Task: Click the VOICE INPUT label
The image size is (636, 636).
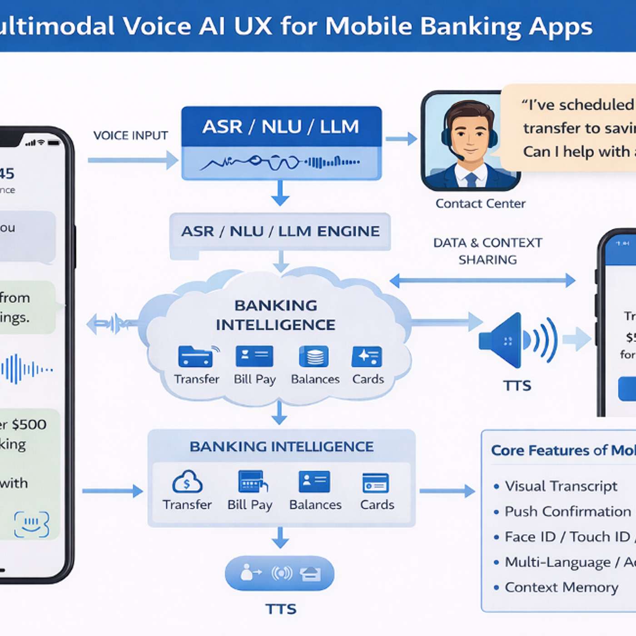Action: click(x=130, y=135)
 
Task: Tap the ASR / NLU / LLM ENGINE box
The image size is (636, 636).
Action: click(x=280, y=231)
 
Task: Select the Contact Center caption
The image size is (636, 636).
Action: click(x=480, y=204)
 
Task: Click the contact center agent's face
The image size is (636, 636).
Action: click(x=470, y=136)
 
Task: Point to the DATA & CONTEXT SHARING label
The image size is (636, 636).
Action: click(x=487, y=251)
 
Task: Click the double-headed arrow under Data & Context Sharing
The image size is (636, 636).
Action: click(x=482, y=280)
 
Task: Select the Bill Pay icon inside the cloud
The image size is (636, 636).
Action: click(x=254, y=357)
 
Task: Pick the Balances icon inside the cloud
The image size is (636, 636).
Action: click(x=314, y=357)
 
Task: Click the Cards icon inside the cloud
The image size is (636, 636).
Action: click(x=367, y=357)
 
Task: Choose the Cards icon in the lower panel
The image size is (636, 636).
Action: click(x=376, y=482)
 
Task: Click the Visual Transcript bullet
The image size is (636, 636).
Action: click(x=561, y=486)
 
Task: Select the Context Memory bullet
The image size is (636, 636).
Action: click(x=561, y=587)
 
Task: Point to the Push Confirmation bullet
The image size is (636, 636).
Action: click(x=567, y=512)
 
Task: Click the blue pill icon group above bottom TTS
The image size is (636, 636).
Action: click(x=280, y=573)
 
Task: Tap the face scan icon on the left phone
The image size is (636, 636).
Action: click(x=31, y=524)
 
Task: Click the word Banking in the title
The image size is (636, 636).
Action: click(x=470, y=26)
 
